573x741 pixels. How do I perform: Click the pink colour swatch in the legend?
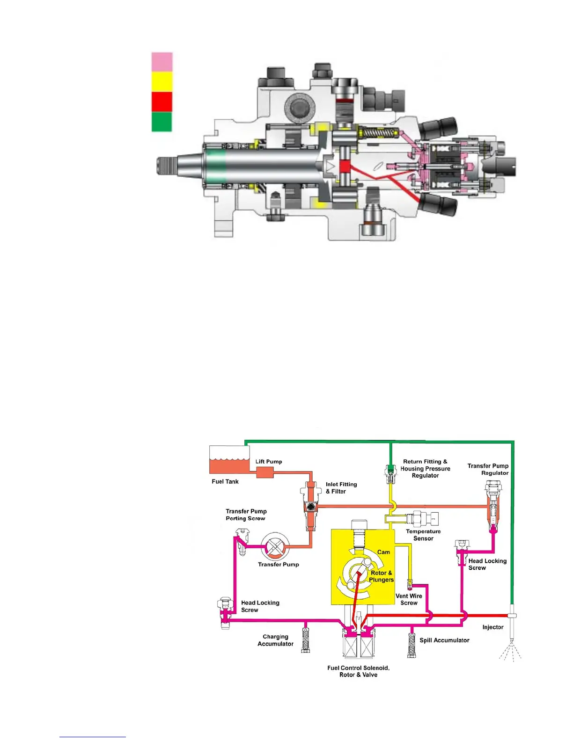click(162, 62)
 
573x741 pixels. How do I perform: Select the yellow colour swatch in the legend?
click(162, 81)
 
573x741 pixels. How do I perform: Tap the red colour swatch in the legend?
click(162, 102)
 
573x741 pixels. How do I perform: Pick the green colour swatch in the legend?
click(162, 122)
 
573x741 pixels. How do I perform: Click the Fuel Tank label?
click(225, 481)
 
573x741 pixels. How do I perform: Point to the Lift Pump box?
click(265, 472)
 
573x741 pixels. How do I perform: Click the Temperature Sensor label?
click(423, 535)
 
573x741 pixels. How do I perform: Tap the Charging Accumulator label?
click(275, 640)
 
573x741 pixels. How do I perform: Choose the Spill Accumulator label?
click(444, 640)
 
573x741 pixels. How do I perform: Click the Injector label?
click(493, 627)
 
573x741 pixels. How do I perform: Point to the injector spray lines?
click(511, 653)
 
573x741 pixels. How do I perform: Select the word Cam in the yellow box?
click(383, 552)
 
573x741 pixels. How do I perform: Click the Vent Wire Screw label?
click(409, 599)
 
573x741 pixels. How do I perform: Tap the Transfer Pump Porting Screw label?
click(246, 515)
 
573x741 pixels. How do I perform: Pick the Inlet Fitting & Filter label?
click(341, 488)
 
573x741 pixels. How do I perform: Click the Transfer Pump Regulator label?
click(488, 469)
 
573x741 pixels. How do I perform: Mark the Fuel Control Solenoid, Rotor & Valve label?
click(358, 671)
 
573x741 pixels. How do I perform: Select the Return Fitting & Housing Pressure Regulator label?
click(425, 468)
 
